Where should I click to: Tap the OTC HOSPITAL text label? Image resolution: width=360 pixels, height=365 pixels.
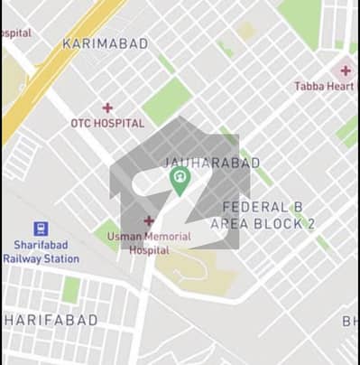(107, 123)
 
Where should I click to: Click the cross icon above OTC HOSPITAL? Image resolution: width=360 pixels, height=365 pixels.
(107, 108)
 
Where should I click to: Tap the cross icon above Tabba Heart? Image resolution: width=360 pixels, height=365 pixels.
(346, 70)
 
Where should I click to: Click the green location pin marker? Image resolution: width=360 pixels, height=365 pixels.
(180, 180)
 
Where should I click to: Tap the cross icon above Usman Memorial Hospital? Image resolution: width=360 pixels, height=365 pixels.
(148, 220)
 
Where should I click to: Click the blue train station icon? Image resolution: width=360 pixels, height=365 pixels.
(41, 229)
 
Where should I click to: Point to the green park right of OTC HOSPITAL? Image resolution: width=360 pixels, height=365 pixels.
(167, 102)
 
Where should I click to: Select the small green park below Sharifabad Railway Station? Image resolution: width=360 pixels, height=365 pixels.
(71, 289)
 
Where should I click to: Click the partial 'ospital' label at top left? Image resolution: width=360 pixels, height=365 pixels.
(15, 33)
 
